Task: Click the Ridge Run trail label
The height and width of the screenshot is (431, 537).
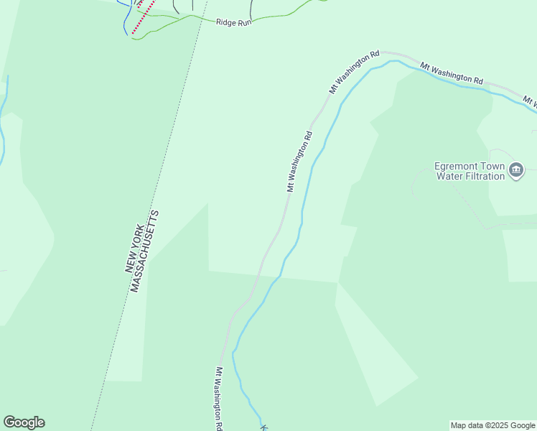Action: point(233,22)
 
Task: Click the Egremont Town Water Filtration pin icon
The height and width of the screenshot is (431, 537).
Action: point(515,170)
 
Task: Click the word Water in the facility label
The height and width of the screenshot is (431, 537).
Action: point(449,177)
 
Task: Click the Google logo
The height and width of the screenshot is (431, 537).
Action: point(24,422)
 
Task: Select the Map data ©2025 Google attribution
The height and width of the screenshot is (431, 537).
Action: point(492,425)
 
